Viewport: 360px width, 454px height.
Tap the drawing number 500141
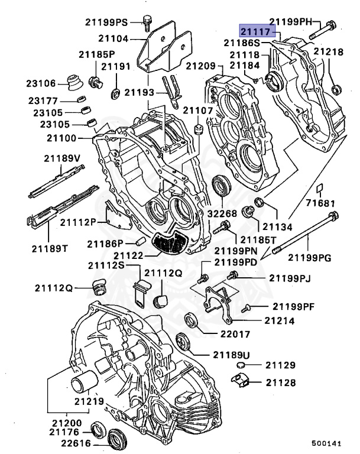pos(327,442)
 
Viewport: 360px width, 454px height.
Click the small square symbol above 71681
pos(318,189)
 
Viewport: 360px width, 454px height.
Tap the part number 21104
pos(114,38)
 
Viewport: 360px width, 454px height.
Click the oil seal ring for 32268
pos(221,186)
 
